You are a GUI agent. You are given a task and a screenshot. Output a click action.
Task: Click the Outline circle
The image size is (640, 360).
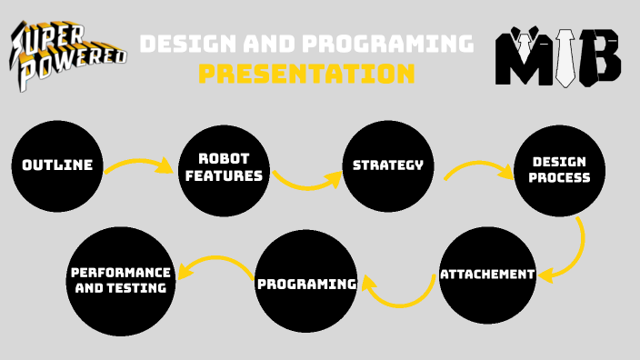tap(57, 165)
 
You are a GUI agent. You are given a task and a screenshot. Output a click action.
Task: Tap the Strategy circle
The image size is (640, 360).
tap(387, 165)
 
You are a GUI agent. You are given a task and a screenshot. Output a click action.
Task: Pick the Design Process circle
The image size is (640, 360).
tap(560, 170)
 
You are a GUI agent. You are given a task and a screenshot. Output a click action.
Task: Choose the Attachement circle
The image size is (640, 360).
tap(487, 274)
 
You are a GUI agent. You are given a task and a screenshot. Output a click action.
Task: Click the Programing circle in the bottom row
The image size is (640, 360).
tap(306, 284)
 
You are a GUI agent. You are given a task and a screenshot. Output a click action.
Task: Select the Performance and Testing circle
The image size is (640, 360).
tap(120, 279)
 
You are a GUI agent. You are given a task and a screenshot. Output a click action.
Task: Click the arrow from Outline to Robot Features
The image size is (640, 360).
tap(139, 166)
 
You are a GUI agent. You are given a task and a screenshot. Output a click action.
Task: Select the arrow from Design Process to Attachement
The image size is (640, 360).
tap(572, 250)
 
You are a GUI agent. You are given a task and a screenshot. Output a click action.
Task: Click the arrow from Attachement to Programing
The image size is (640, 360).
tap(400, 292)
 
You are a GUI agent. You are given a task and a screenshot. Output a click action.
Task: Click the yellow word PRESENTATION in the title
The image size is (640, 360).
tap(306, 74)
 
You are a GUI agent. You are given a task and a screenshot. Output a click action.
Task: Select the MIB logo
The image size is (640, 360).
tap(557, 56)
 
